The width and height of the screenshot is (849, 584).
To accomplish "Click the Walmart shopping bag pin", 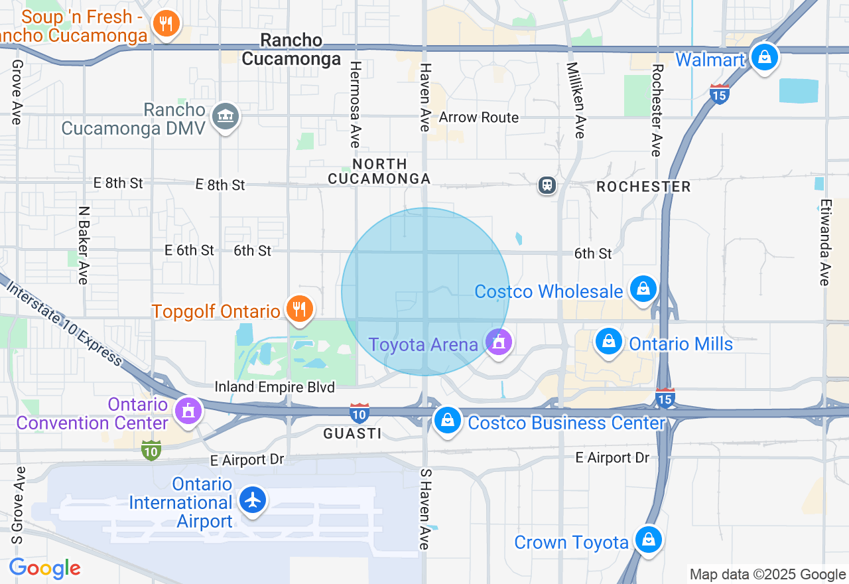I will click(x=765, y=57).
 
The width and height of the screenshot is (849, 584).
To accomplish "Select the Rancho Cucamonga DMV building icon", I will click(x=226, y=117).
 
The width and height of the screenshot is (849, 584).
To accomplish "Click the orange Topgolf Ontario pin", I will click(x=300, y=309).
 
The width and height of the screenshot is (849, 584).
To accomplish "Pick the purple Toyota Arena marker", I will click(x=498, y=342).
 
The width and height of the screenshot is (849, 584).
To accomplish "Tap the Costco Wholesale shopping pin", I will click(x=643, y=289).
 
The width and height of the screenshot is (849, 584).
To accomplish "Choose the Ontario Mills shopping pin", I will click(x=608, y=342).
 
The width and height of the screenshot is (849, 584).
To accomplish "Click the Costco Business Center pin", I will click(x=448, y=420).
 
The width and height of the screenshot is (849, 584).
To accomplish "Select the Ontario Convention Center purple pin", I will click(x=188, y=411).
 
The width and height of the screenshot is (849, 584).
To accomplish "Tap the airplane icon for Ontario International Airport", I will click(x=253, y=499).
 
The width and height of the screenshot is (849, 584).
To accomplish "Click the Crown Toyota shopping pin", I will click(x=648, y=540).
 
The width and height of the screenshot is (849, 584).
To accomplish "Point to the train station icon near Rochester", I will click(x=547, y=184).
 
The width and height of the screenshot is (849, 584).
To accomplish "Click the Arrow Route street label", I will click(x=479, y=117).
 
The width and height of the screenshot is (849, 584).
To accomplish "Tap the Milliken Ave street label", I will click(x=576, y=100).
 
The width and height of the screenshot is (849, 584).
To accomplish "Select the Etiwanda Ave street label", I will click(x=824, y=243).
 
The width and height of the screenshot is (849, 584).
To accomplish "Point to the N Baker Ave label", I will click(x=84, y=245).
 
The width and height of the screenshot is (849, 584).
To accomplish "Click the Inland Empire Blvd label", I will click(x=275, y=386).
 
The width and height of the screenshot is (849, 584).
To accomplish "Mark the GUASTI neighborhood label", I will click(x=352, y=433).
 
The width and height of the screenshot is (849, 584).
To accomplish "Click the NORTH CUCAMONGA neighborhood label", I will click(x=379, y=171).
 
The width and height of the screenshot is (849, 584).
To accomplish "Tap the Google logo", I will click(x=45, y=568).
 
